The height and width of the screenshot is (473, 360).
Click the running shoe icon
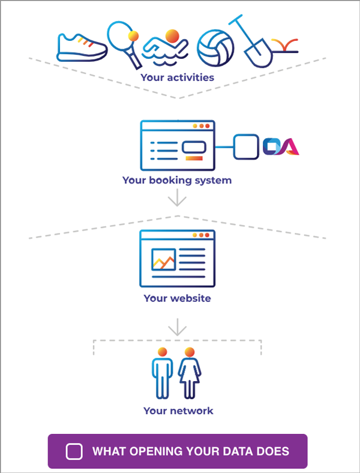point(82,47)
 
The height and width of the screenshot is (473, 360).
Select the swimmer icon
point(165,48)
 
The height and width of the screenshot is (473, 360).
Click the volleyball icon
point(215,47)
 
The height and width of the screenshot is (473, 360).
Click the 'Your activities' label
point(177,77)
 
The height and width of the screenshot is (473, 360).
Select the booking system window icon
point(178,145)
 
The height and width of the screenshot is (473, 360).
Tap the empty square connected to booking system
point(246,147)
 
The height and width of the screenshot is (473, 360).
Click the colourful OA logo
point(281,146)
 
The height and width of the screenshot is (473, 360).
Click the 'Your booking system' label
point(177,181)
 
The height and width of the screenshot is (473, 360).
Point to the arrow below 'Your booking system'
point(177,197)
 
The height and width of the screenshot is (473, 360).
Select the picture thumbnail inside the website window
point(163,259)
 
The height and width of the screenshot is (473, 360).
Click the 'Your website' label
point(177,298)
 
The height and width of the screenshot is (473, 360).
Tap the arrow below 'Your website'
point(177,327)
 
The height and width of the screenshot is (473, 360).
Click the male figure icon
point(163,373)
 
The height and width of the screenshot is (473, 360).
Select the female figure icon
point(190,373)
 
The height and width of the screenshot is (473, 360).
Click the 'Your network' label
point(178,411)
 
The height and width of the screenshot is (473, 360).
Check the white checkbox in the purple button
point(74,451)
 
